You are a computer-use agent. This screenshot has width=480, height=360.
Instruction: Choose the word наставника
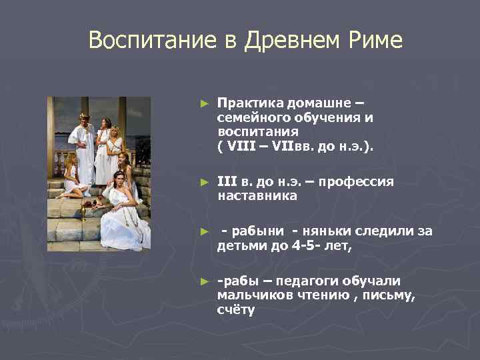257,196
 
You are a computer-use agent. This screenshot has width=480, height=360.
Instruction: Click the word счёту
235,309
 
